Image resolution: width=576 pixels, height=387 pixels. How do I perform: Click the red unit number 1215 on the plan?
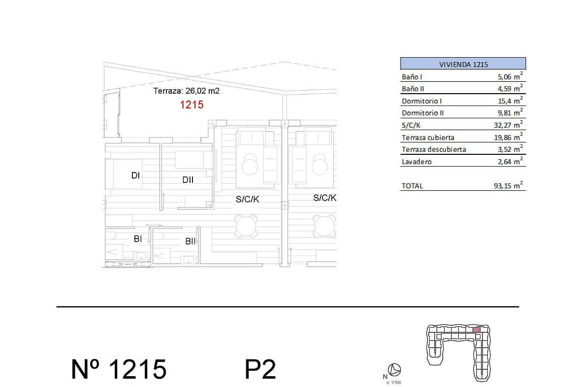pyautogui.click(x=192, y=105)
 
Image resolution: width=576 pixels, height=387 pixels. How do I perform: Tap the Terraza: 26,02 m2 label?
pyautogui.click(x=186, y=91)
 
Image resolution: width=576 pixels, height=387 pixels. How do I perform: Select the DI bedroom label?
pyautogui.click(x=135, y=176)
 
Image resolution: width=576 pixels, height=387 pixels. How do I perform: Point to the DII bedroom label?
pyautogui.click(x=188, y=180)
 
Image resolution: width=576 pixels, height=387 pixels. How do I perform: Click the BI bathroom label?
pyautogui.click(x=138, y=239)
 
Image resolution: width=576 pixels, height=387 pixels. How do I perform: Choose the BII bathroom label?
pyautogui.click(x=191, y=242)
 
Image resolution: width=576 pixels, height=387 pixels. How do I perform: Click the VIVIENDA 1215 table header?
pyautogui.click(x=463, y=64)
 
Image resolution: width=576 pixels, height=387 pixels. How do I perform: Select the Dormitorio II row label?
pyautogui.click(x=423, y=113)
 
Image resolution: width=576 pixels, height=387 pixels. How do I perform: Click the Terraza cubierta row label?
pyautogui.click(x=428, y=138)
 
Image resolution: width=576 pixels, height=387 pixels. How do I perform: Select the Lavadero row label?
pyautogui.click(x=416, y=162)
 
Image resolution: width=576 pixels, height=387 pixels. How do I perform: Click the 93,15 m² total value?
pyautogui.click(x=508, y=185)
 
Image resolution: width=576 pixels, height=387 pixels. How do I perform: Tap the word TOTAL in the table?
pyautogui.click(x=412, y=186)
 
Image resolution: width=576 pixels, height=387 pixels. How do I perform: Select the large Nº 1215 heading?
pyautogui.click(x=119, y=369)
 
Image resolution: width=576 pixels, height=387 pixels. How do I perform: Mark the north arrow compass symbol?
pyautogui.click(x=394, y=369)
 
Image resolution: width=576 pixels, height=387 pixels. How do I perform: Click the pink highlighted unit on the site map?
pyautogui.click(x=477, y=330)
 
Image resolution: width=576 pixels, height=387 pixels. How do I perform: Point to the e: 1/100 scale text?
pyautogui.click(x=394, y=383)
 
